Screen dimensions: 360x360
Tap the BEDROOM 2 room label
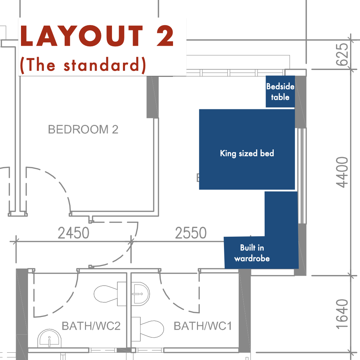83,129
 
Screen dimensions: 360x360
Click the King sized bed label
247,153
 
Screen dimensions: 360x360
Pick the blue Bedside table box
280,92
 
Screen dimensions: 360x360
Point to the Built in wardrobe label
252,253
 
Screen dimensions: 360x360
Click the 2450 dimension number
73,233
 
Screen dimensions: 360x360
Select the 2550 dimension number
191,233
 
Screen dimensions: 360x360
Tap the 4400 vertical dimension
343,172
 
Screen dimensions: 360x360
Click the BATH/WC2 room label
91,326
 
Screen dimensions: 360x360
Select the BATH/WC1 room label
203,326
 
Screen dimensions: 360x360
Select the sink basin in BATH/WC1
141,294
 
